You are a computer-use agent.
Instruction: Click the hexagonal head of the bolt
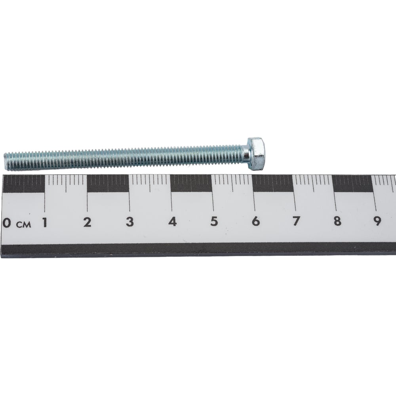click(x=255, y=154)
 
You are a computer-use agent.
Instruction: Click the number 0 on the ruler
click(x=7, y=223)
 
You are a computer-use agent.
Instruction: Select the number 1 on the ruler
click(x=45, y=223)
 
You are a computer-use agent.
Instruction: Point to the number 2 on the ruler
click(x=87, y=222)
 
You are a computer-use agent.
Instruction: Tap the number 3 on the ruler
click(x=130, y=222)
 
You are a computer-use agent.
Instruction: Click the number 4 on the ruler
click(x=173, y=221)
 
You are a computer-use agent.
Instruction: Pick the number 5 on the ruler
click(x=214, y=221)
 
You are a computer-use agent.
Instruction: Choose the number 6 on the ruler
click(x=255, y=221)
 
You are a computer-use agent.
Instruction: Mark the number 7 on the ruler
click(x=296, y=221)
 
